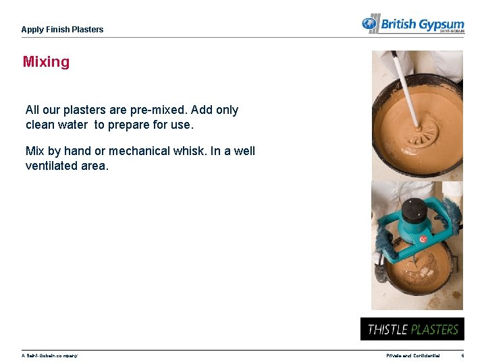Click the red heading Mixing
point(46,62)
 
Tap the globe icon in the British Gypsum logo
point(369,24)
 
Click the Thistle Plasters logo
point(412,329)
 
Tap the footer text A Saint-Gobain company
point(49,356)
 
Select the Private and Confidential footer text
point(413,356)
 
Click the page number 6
point(462,356)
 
